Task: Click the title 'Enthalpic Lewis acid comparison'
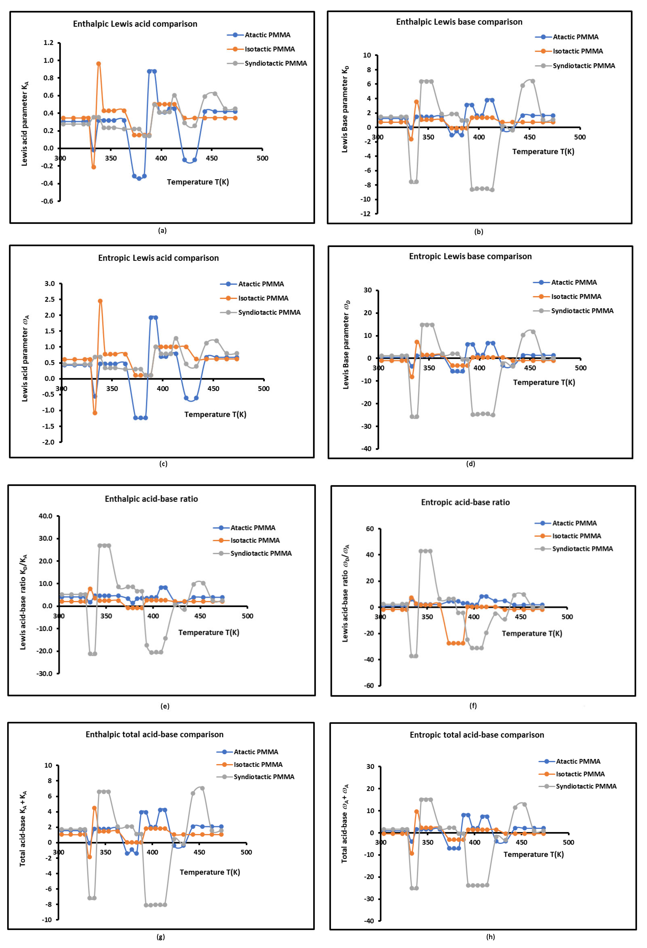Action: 135,24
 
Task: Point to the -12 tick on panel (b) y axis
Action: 366,214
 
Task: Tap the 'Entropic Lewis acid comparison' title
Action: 158,258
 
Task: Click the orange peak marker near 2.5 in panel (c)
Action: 100,301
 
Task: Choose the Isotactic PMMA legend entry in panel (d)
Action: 576,297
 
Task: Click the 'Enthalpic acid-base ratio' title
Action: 151,499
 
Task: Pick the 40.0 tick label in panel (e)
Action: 46,516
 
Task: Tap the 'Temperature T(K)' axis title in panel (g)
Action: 210,872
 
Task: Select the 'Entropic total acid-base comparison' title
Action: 476,735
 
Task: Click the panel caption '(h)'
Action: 490,937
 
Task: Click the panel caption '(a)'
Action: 162,231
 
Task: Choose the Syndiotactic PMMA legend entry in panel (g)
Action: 263,777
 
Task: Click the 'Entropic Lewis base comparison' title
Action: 470,256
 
